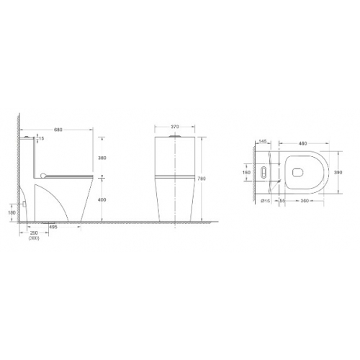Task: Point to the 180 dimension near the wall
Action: coord(12,212)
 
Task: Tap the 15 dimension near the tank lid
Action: coord(42,138)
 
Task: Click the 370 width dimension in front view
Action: coord(174,128)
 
